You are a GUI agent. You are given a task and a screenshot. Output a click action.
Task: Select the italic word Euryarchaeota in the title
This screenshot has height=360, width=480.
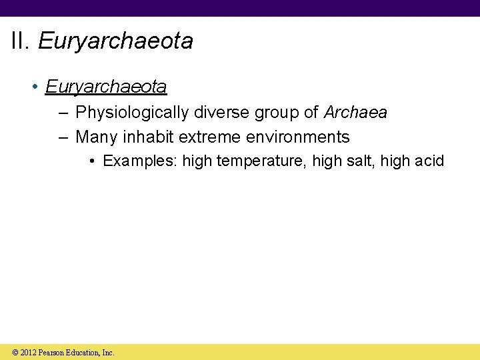click(x=115, y=41)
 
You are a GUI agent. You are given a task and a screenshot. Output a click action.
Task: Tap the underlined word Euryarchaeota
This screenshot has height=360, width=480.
click(x=106, y=87)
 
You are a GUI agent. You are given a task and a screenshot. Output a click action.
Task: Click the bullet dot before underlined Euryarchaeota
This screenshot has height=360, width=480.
click(x=34, y=87)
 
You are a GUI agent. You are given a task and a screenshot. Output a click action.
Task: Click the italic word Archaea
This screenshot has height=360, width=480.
click(x=355, y=113)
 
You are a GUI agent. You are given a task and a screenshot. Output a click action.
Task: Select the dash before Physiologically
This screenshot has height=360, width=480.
click(x=63, y=113)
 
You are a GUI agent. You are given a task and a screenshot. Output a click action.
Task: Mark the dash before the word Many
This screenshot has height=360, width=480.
click(x=63, y=137)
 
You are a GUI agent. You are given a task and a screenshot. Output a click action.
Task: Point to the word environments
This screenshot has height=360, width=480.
click(x=297, y=137)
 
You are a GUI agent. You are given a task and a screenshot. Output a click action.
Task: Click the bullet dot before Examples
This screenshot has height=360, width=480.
click(x=93, y=162)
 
